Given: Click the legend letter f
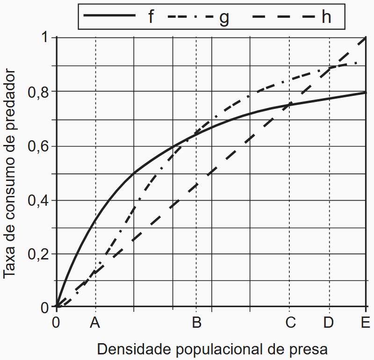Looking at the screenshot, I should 151,17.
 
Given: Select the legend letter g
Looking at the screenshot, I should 224,18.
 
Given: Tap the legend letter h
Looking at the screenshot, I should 326,17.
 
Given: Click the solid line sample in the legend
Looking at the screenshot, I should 109,15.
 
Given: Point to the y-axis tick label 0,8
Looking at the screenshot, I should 38,92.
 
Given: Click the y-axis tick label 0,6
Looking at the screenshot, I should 38,146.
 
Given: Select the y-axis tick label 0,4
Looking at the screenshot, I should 38,201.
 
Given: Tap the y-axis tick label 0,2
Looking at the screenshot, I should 38,255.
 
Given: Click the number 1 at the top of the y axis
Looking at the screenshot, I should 45,37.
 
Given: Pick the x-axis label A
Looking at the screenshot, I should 95,323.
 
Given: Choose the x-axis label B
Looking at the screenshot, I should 196,323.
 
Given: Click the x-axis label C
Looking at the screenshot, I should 290,323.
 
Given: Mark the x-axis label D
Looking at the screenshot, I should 329,323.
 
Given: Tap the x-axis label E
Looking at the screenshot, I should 365,323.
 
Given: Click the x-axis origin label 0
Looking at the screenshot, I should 57,323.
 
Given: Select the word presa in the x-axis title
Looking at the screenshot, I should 306,350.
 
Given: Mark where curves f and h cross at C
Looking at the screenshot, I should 290,105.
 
